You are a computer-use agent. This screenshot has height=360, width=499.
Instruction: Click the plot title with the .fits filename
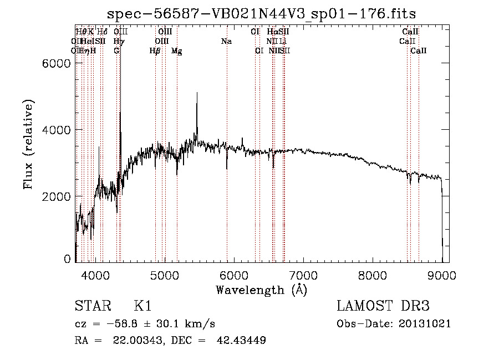click(261, 13)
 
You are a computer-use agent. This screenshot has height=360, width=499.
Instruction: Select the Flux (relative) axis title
click(28, 144)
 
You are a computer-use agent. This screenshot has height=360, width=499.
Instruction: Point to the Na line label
click(226, 41)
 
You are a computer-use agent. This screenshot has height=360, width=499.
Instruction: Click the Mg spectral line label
click(176, 51)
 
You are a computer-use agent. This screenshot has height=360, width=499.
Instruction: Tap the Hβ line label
click(155, 51)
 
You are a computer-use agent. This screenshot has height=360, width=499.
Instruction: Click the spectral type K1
click(142, 306)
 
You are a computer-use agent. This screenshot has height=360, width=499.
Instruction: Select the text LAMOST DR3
click(383, 306)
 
